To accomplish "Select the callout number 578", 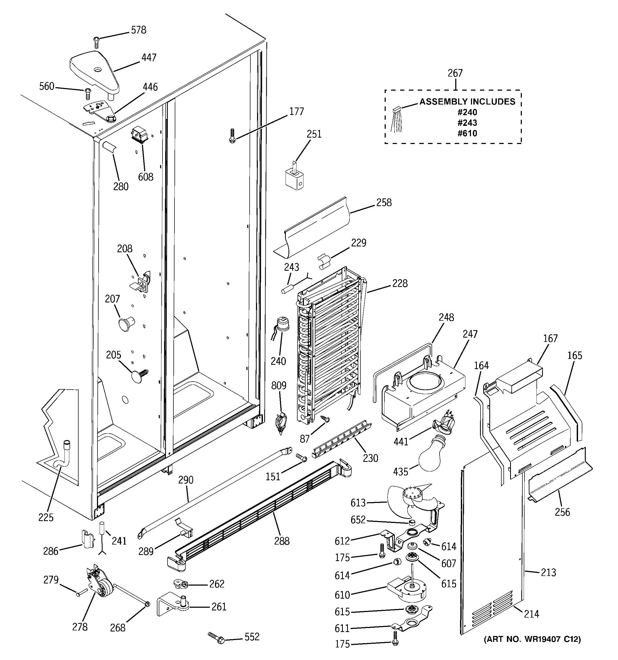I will pyautogui.click(x=138, y=30).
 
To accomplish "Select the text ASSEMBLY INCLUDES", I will pyautogui.click(x=467, y=102).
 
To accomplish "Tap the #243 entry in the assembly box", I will pyautogui.click(x=467, y=123).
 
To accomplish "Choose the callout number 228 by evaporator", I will pyautogui.click(x=400, y=283).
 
